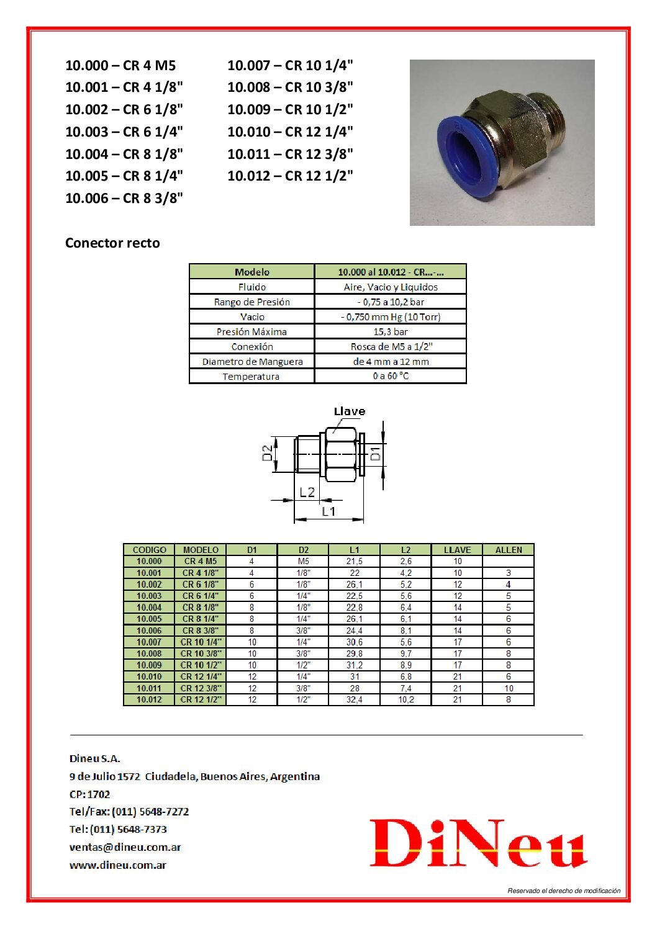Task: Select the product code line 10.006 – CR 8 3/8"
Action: coord(124,198)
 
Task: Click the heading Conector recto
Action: coord(112,243)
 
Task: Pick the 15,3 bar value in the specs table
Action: coord(391,331)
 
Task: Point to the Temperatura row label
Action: coord(251,376)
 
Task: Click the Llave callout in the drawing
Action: coord(350,411)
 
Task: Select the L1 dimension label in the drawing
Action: coord(328,511)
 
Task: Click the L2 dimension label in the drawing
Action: coord(307,492)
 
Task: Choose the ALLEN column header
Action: coord(509,550)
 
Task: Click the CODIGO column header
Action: coord(150,550)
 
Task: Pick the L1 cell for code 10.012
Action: coord(355,699)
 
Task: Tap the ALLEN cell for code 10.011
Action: coord(509,688)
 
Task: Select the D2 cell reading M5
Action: coord(303,561)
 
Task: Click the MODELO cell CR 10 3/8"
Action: coord(201,653)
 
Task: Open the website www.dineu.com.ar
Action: coord(118,865)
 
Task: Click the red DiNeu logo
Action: coord(478,843)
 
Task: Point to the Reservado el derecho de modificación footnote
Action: coord(564,891)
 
